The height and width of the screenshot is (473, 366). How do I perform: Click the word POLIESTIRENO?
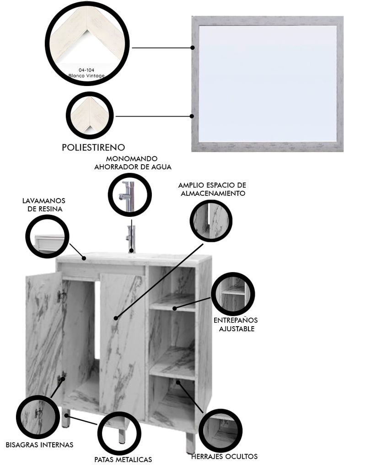[93, 147]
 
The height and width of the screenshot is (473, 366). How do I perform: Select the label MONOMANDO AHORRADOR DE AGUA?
[133, 162]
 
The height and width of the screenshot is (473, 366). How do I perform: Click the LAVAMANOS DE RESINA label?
[44, 204]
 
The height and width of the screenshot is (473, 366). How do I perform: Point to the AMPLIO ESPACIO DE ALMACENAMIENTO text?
[212, 189]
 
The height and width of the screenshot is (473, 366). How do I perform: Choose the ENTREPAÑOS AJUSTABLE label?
[236, 324]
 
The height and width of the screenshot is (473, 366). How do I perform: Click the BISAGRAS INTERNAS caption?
[39, 445]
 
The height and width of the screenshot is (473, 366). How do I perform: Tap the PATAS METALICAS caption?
[123, 459]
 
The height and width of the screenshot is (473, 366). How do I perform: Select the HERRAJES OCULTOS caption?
[225, 457]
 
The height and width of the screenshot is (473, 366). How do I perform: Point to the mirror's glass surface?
[267, 83]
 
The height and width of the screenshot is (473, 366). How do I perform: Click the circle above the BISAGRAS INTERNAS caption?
[38, 417]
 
